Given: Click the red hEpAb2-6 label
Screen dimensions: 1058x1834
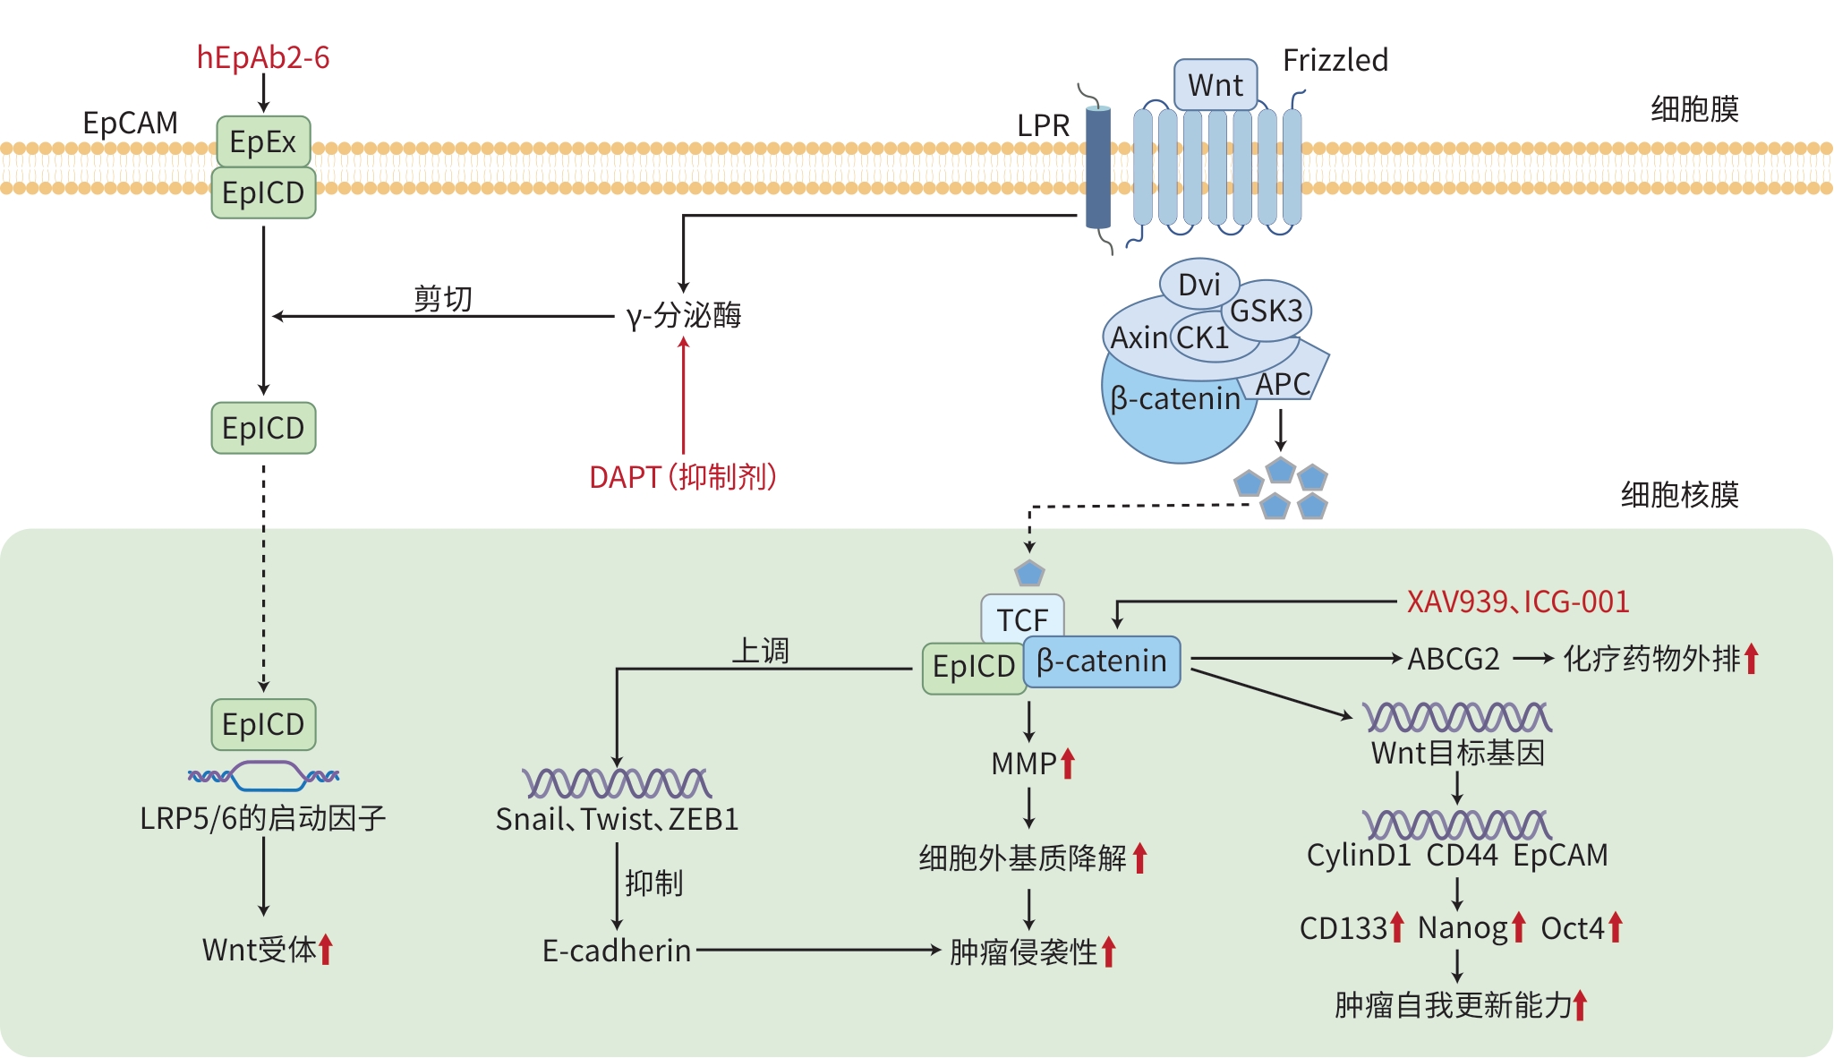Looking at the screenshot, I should pyautogui.click(x=263, y=58).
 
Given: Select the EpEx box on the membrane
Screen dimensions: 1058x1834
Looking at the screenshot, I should pyautogui.click(x=263, y=141).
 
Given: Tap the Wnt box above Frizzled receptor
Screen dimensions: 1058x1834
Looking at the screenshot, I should pyautogui.click(x=1216, y=85).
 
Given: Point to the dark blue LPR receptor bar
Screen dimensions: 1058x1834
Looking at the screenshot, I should pyautogui.click(x=1098, y=167).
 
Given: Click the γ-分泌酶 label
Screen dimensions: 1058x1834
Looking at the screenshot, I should pyautogui.click(x=684, y=315).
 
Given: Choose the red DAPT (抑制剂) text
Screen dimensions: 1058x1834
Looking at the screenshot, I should pyautogui.click(x=683, y=477).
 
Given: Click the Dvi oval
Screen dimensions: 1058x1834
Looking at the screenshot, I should pyautogui.click(x=1199, y=284).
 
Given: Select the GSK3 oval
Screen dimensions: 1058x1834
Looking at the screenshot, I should pyautogui.click(x=1267, y=311).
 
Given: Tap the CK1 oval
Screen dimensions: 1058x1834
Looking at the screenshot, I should pyautogui.click(x=1203, y=337).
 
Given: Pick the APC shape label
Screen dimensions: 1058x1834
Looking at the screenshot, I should pyautogui.click(x=1284, y=384).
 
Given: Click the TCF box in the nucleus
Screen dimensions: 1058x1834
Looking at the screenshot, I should pyautogui.click(x=1022, y=619).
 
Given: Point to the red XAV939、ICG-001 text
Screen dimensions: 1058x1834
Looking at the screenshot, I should pyautogui.click(x=1518, y=602).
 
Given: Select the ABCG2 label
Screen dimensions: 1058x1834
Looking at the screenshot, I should pyautogui.click(x=1454, y=659).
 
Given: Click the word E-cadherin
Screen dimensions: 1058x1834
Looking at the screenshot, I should pyautogui.click(x=617, y=951).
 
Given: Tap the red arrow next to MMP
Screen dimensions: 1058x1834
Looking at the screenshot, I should pyautogui.click(x=1068, y=764).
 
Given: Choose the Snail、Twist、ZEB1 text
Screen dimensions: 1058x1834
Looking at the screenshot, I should pyautogui.click(x=617, y=819).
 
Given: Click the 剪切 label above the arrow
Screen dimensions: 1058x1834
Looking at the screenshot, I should pyautogui.click(x=443, y=298).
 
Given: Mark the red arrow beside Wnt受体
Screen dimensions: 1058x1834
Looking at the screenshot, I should pyautogui.click(x=326, y=949).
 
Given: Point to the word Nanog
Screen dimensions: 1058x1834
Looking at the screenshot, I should pyautogui.click(x=1462, y=928).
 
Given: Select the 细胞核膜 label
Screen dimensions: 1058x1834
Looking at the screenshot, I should pyautogui.click(x=1679, y=494).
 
